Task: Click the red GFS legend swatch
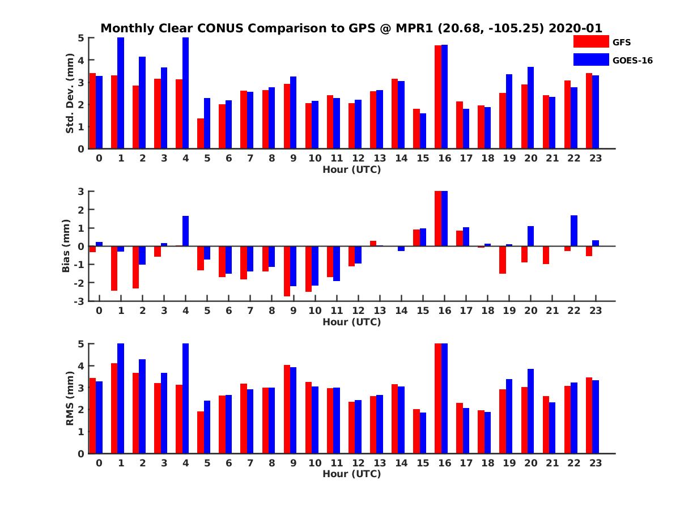click(590, 41)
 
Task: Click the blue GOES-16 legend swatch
click(590, 59)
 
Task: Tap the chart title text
click(351, 28)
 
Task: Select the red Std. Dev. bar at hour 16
click(438, 97)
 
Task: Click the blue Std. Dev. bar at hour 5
click(207, 124)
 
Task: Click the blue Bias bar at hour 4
click(185, 231)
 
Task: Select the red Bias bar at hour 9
click(287, 271)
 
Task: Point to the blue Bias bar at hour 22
click(574, 231)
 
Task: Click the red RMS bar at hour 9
click(287, 409)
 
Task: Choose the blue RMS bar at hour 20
click(531, 411)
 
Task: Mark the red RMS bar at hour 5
click(201, 432)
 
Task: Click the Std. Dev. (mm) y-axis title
click(70, 93)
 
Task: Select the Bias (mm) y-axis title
click(66, 246)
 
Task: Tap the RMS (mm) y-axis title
click(70, 399)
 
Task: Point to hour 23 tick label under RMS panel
click(596, 463)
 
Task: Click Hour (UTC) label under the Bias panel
click(351, 322)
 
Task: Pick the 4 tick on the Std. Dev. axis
click(82, 60)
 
